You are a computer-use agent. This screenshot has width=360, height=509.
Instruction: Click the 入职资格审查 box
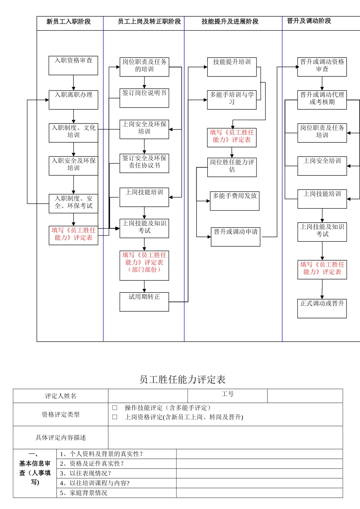[73, 66]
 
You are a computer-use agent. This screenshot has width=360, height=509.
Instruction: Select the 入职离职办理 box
[73, 100]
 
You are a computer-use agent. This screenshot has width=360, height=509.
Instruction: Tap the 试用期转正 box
[144, 302]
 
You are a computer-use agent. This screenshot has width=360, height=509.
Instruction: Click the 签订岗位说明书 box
[144, 98]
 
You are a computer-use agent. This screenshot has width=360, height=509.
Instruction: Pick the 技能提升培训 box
[232, 67]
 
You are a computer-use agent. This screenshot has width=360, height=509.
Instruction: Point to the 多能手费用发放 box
[235, 201]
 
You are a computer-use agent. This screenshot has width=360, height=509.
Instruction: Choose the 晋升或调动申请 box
[235, 237]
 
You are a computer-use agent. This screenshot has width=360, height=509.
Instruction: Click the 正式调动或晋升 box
[322, 308]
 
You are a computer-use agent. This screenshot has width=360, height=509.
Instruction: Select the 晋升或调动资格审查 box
[322, 67]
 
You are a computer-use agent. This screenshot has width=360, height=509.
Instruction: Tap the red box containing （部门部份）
[144, 265]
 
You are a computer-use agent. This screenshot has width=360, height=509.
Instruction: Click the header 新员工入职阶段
[69, 22]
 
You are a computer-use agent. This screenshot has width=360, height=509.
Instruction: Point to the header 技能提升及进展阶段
[230, 22]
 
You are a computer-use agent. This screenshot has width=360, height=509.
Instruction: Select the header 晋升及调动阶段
[309, 21]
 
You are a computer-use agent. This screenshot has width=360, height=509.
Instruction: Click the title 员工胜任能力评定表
[182, 379]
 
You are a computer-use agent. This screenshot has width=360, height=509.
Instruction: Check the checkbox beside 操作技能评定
[115, 408]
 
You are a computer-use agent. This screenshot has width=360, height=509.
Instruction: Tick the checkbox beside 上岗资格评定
[115, 417]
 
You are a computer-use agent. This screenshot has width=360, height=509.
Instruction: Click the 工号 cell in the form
[227, 395]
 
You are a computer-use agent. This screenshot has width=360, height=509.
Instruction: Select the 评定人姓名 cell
[61, 396]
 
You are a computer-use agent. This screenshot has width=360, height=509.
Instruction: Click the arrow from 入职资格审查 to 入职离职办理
[74, 83]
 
